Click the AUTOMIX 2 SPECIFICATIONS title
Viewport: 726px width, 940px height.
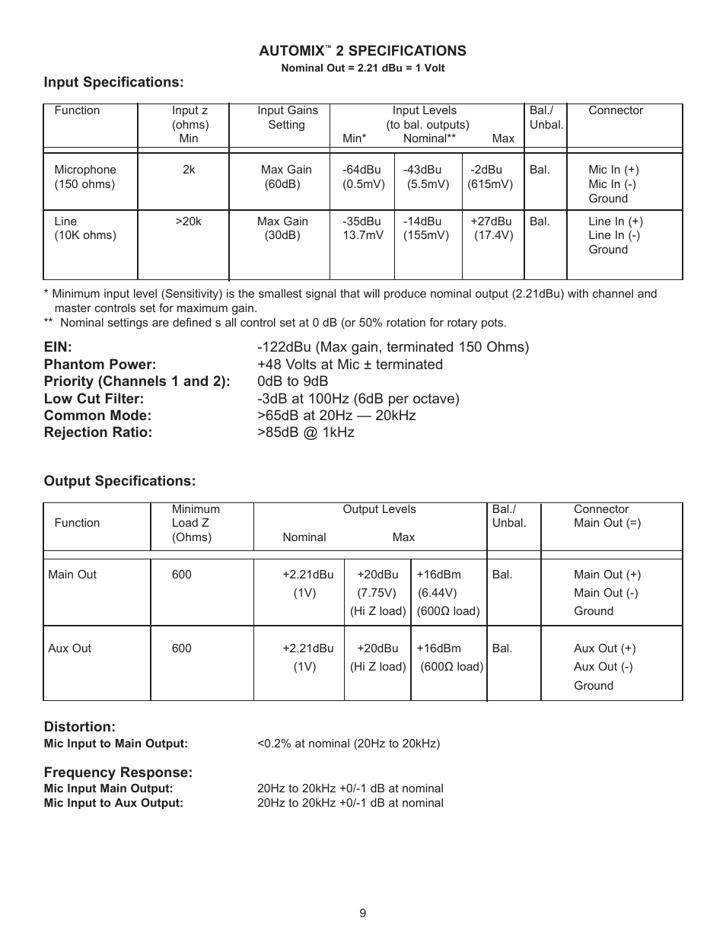362,51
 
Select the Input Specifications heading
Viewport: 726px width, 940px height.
113,82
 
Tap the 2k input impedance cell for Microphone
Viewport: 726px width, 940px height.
189,170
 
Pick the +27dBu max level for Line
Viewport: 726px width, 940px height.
491,221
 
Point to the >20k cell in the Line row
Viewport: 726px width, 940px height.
189,221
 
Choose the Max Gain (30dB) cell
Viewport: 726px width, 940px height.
282,228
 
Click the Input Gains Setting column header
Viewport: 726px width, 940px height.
287,117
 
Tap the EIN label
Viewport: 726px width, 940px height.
58,347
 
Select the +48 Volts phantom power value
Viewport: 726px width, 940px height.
349,365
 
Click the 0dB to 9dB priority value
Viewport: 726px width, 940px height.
292,381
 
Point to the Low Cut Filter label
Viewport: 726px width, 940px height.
94,399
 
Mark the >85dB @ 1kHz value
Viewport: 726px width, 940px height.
305,432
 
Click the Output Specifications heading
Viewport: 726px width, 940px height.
119,481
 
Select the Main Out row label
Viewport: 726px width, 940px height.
72,575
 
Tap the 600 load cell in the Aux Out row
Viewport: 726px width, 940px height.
182,648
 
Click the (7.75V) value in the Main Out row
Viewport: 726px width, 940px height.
377,593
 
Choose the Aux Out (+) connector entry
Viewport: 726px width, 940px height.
604,648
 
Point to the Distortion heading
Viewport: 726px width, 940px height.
79,727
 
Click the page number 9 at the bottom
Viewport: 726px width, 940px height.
363,913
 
